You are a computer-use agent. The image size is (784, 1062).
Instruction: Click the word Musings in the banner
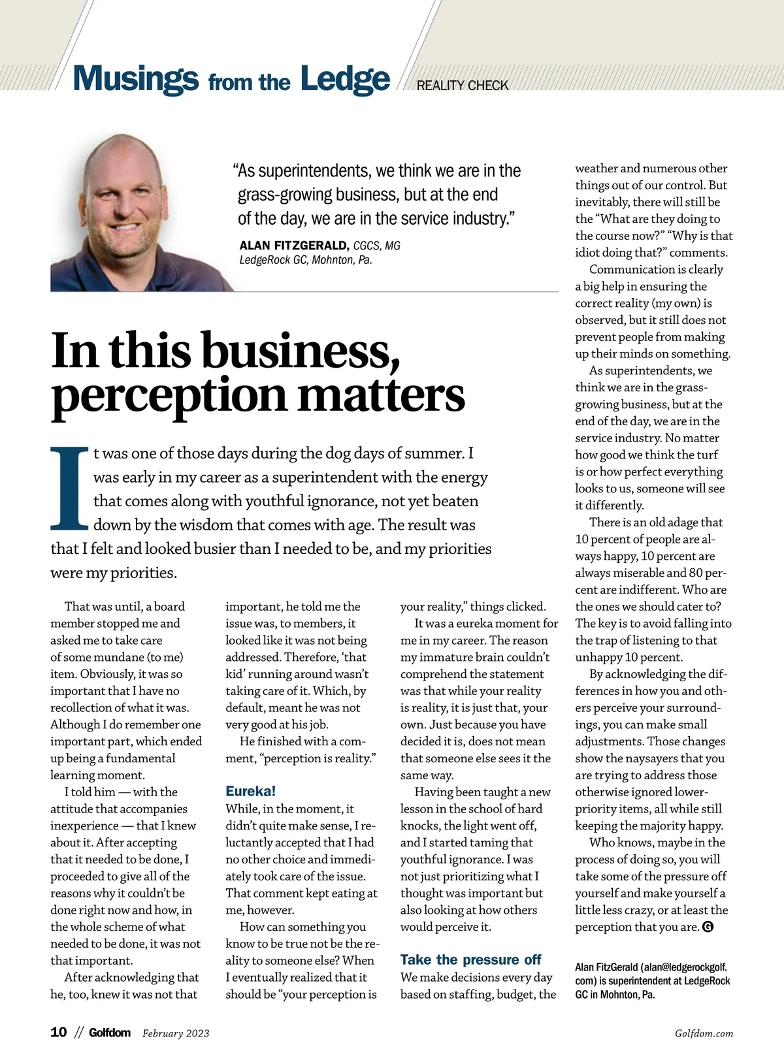[x=135, y=78]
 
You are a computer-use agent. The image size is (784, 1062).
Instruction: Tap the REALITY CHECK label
[x=462, y=86]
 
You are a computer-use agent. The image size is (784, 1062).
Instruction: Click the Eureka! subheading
[x=251, y=791]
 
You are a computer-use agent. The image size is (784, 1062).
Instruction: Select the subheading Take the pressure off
[x=470, y=959]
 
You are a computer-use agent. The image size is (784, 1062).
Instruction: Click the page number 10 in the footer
[x=59, y=1032]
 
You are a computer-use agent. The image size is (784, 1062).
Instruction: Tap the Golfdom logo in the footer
[x=110, y=1033]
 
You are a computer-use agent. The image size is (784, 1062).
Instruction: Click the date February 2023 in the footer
[x=176, y=1033]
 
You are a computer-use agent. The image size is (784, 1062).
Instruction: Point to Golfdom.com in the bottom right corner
[x=704, y=1033]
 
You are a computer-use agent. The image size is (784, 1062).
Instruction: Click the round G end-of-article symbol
[x=707, y=927]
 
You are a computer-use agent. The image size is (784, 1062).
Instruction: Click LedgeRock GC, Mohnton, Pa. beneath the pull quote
[x=306, y=260]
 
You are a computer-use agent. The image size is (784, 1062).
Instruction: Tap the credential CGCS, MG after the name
[x=377, y=246]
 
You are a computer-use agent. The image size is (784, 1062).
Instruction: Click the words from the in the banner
[x=249, y=83]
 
